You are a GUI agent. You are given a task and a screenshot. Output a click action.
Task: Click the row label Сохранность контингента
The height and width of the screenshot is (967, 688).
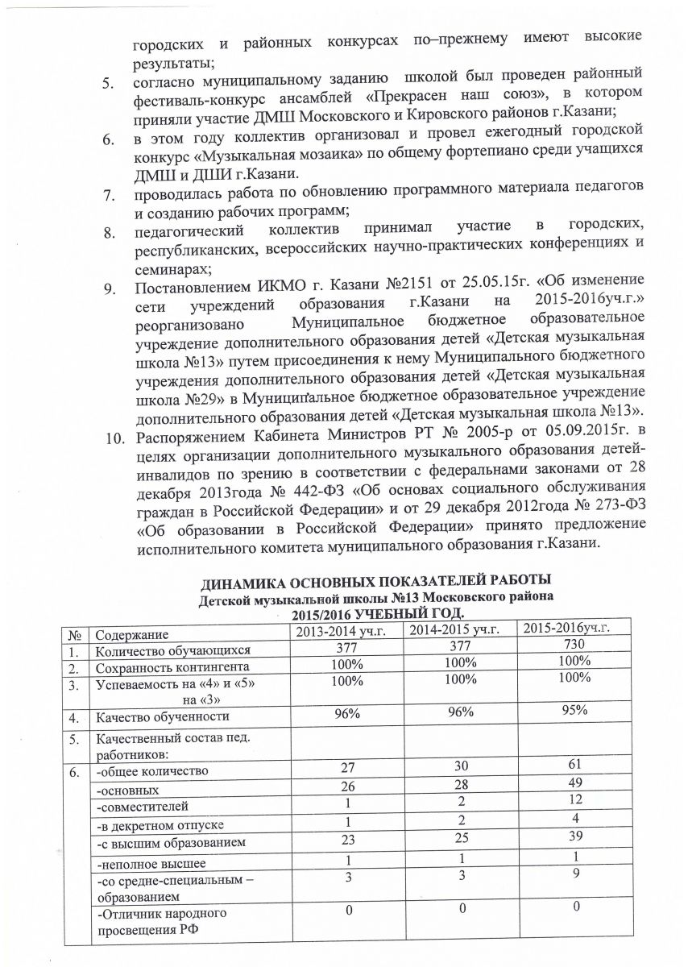click(x=168, y=667)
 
